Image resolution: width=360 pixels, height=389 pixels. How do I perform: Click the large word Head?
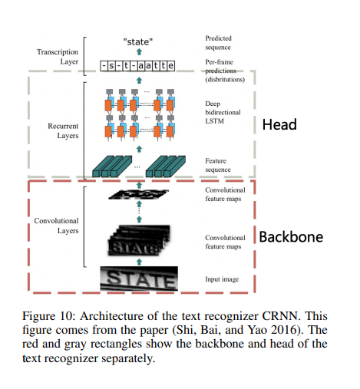tap(280, 124)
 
